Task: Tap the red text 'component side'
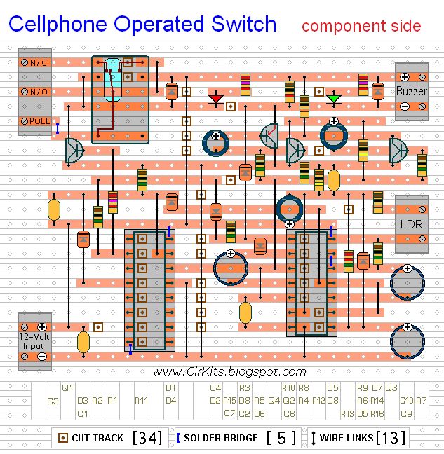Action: point(361,27)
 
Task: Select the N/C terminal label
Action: point(38,63)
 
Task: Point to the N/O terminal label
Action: point(38,92)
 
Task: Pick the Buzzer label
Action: point(410,91)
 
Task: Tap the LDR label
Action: point(410,225)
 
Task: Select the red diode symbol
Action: point(216,98)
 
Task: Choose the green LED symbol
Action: point(334,98)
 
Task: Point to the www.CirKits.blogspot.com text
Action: point(229,372)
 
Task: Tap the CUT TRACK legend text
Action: point(97,438)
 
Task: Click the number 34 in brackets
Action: point(147,438)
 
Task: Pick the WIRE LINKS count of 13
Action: point(391,438)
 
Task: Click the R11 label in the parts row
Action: point(141,401)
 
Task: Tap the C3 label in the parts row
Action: point(53,401)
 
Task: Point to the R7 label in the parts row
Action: point(421,401)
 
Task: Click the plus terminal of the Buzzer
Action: point(405,76)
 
